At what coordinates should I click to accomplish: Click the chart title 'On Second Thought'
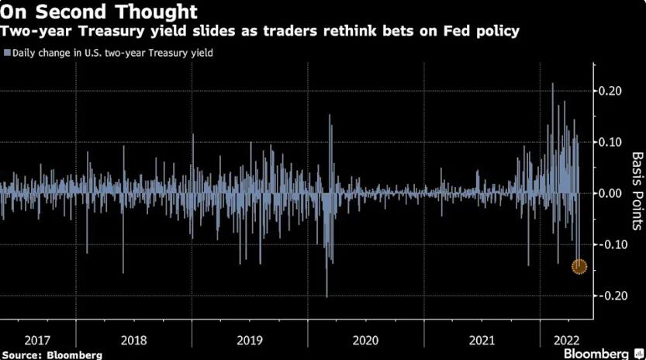click(98, 12)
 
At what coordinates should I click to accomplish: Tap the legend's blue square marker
click(7, 53)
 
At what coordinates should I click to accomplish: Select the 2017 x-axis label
click(37, 340)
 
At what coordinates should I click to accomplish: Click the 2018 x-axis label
click(134, 340)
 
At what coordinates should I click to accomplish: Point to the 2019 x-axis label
click(250, 340)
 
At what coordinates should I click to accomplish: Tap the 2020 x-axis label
click(365, 340)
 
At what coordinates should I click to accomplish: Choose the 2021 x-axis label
click(482, 340)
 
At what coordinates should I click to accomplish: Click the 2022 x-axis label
click(560, 340)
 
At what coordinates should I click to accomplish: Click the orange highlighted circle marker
click(579, 266)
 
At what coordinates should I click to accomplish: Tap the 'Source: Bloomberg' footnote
click(52, 354)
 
